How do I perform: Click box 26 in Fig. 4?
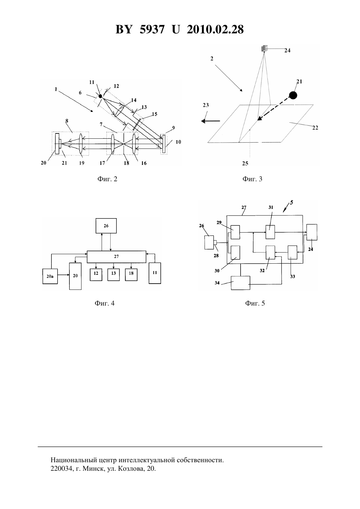[x=106, y=226]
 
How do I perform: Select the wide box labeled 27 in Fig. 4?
[x=117, y=257]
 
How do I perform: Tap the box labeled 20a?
[x=50, y=276]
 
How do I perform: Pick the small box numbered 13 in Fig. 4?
[x=114, y=275]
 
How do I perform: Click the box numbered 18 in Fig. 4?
[x=131, y=275]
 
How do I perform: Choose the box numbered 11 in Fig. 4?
[x=155, y=273]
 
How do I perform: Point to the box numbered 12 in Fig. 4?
[x=96, y=275]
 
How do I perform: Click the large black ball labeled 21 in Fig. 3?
[x=293, y=95]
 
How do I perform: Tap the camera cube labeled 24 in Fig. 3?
[x=264, y=48]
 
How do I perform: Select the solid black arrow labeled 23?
[x=210, y=121]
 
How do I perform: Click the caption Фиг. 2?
[x=107, y=179]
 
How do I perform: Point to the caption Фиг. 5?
[x=255, y=303]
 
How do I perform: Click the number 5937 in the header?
[x=152, y=29]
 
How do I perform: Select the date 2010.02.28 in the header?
[x=215, y=29]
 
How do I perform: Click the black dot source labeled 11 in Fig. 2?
[x=100, y=97]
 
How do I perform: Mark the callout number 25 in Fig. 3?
[x=245, y=163]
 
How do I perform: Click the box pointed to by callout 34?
[x=241, y=283]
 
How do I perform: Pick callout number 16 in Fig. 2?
[x=144, y=163]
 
